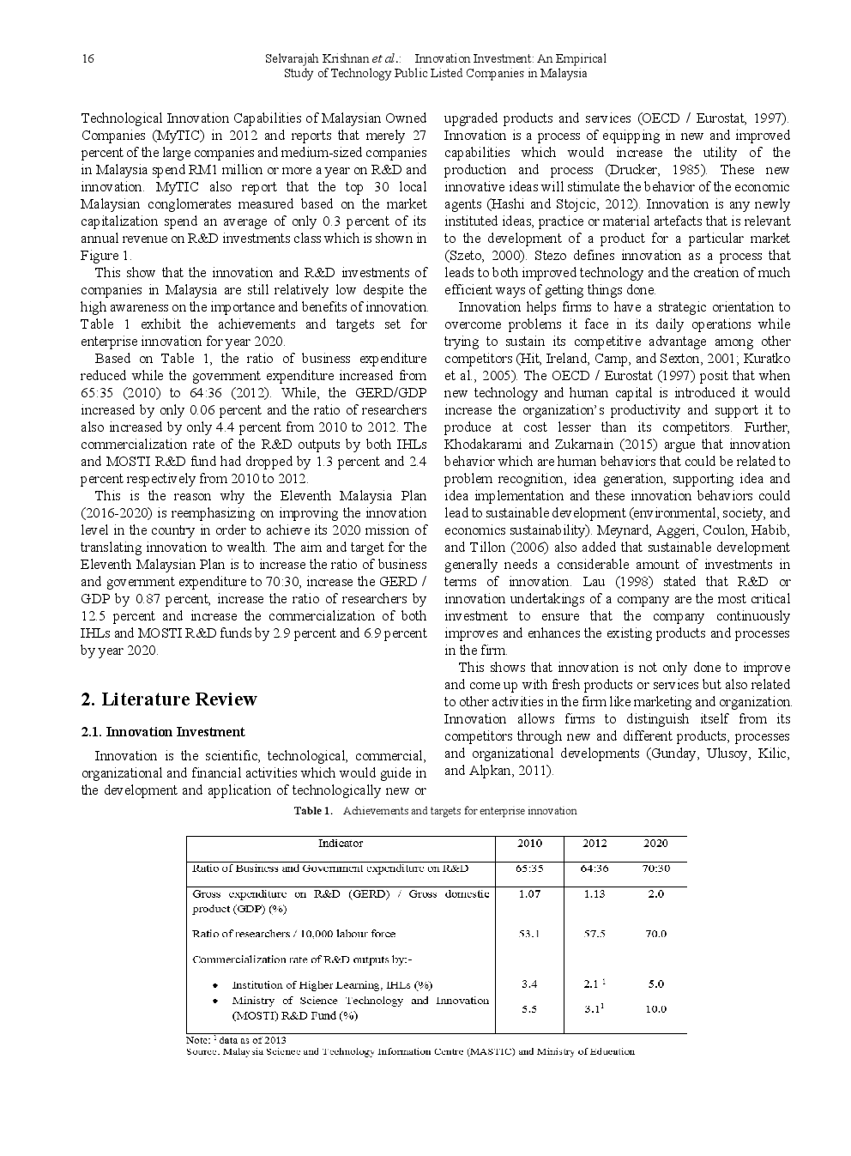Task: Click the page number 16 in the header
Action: point(88,58)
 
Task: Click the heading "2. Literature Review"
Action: point(168,699)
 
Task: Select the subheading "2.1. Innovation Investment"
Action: point(162,732)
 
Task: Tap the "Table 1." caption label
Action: point(312,811)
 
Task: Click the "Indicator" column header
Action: point(340,844)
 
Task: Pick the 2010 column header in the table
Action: point(529,844)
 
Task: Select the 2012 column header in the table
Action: point(594,844)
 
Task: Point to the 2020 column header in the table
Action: point(655,844)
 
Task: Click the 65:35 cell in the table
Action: point(529,869)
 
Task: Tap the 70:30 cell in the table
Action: point(655,869)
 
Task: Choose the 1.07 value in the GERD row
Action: point(529,894)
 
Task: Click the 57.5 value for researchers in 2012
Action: point(594,934)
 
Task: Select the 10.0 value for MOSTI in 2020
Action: point(655,1009)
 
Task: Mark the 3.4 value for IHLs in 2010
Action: point(529,984)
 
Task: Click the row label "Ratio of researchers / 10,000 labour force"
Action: point(293,934)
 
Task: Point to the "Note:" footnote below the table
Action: point(198,1040)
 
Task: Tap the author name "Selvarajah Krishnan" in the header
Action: point(317,58)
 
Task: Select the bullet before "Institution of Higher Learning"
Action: point(215,985)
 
